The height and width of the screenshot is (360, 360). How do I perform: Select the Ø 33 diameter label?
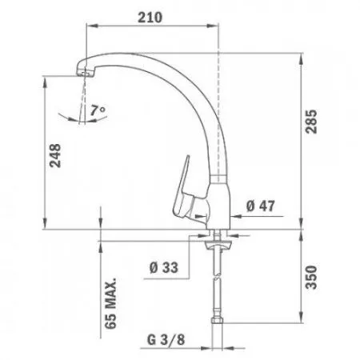tap(162, 268)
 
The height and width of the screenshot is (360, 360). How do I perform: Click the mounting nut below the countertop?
tap(215, 238)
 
